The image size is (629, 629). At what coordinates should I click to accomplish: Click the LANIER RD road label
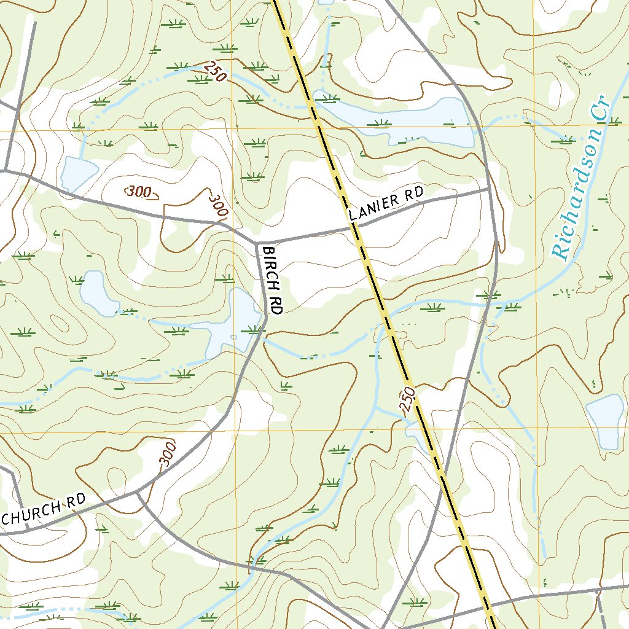tap(386, 205)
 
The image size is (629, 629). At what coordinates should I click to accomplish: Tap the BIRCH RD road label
tap(272, 280)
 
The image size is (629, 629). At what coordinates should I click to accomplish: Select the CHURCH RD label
tap(42, 510)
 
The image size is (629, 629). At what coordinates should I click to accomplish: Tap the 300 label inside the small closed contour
tap(141, 192)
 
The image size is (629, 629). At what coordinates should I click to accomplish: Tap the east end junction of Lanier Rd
tap(490, 189)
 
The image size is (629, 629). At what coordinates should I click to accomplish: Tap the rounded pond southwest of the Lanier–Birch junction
tap(98, 294)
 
